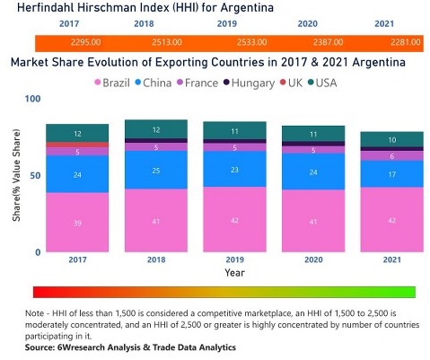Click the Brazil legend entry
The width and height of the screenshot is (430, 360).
117,83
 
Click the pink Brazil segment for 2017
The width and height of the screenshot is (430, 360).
77,223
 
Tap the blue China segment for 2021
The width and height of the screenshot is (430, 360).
391,173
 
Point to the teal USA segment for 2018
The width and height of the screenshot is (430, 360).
155,129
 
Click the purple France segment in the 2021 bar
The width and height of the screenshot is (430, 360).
391,155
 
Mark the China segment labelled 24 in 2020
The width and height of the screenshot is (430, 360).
312,171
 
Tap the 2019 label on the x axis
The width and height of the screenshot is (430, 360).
234,260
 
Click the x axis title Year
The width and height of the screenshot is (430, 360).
234,272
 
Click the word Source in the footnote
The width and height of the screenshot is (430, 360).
40,347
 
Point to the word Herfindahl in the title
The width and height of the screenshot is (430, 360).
50,8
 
